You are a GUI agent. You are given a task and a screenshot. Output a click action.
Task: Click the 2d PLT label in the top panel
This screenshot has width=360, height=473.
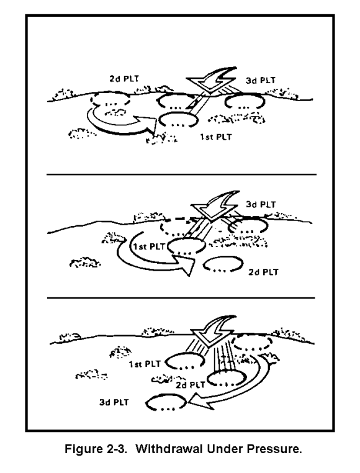124,79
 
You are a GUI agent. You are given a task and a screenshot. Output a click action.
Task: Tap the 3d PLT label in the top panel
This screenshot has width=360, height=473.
261,81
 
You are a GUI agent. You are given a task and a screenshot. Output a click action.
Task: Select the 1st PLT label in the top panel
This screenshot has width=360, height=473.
216,137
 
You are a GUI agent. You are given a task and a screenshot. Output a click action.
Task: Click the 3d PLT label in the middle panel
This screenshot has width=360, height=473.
261,204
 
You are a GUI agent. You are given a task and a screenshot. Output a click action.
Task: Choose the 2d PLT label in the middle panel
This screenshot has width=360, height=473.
263,272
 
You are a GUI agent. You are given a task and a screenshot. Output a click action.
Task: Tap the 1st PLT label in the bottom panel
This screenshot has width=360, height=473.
145,364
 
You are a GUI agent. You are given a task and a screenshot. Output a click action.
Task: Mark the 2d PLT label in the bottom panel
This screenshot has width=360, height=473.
190,385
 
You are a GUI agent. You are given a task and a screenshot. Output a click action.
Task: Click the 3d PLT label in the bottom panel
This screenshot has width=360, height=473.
114,402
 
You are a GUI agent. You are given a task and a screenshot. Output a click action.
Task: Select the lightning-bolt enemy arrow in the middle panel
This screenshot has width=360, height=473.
215,205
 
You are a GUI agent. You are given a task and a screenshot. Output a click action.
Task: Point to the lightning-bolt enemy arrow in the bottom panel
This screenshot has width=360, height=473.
213,330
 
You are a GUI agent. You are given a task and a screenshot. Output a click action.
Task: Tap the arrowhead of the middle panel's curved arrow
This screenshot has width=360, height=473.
184,264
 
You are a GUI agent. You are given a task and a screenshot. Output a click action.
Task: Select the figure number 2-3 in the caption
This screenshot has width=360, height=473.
115,449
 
